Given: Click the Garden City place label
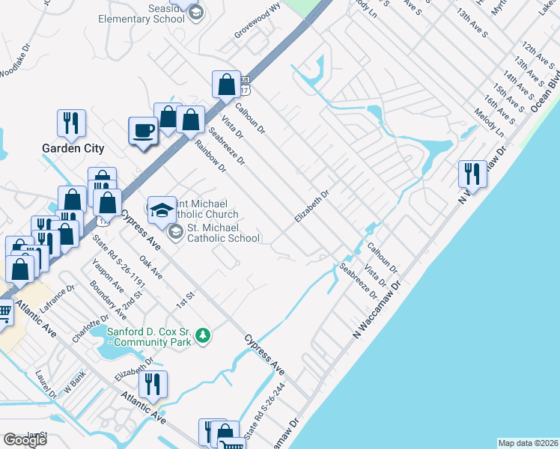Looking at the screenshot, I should click(73, 148).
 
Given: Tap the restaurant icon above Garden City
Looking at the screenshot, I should click(72, 123).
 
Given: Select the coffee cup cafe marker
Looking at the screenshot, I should click(143, 131).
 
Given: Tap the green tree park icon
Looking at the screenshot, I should click(201, 337).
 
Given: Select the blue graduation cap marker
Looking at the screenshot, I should click(161, 210).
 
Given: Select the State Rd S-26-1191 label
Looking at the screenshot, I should click(118, 262).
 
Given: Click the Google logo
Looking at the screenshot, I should click(25, 439).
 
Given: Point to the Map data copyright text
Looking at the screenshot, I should click(529, 442).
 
